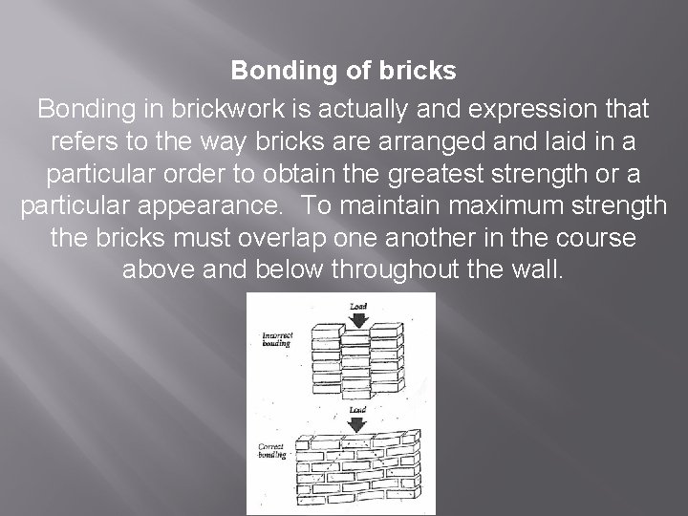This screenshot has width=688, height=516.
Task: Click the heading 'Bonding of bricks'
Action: [x=344, y=71]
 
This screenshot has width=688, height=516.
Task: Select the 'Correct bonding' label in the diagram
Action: [x=275, y=451]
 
